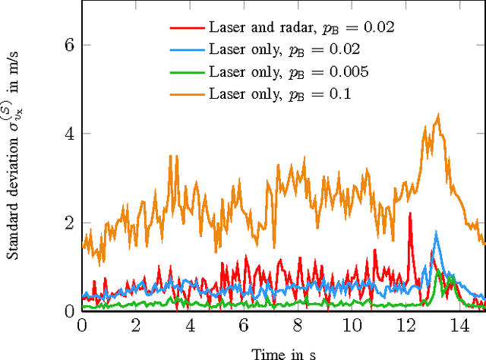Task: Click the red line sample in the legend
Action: point(187,27)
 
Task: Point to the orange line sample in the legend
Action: point(187,95)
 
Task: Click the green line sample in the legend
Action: point(187,72)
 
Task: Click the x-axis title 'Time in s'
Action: point(283,352)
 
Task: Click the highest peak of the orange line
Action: point(438,115)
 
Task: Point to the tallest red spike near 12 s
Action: point(409,213)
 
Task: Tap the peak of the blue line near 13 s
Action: point(436,232)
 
